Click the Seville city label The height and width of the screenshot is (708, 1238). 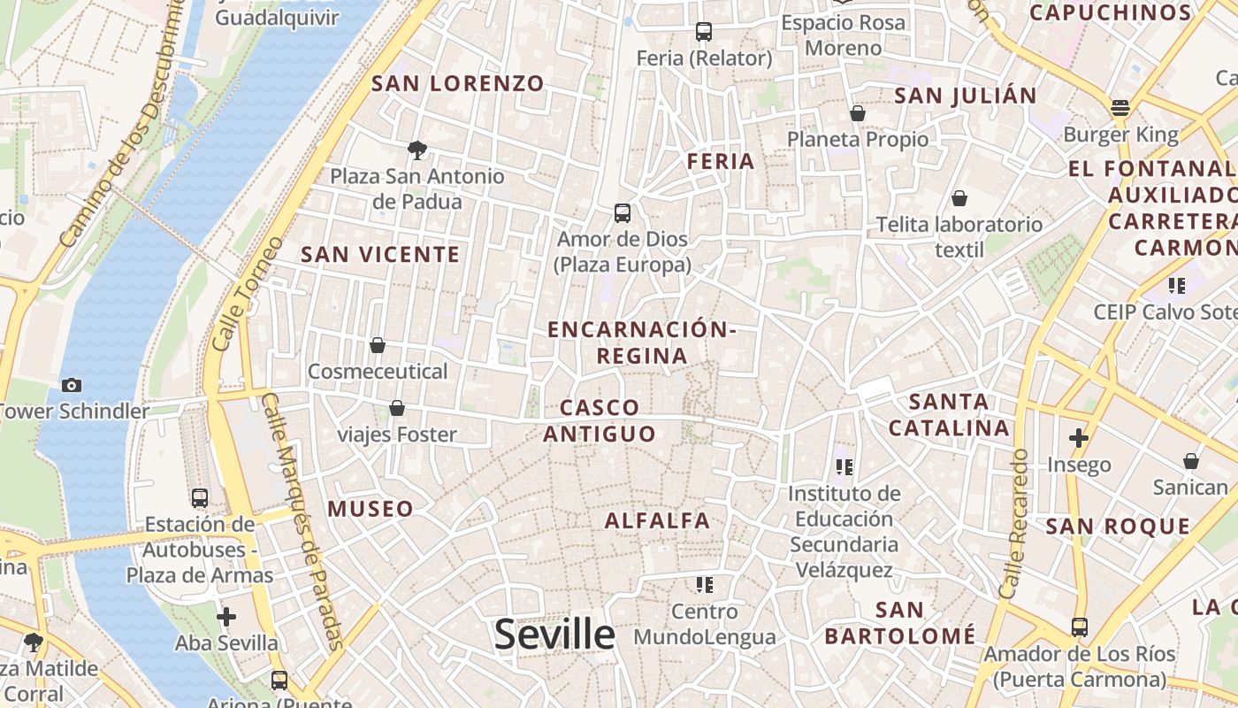click(x=554, y=635)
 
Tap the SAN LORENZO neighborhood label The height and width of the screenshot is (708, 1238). click(x=458, y=84)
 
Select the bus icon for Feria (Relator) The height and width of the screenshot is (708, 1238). click(x=704, y=32)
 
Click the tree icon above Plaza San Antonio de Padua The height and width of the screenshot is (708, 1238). click(x=417, y=150)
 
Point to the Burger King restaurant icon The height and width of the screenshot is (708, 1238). click(x=1120, y=109)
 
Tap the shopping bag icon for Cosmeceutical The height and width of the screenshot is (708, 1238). click(x=378, y=344)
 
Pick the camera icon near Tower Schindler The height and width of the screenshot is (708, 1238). click(x=72, y=385)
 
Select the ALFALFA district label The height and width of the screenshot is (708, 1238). click(x=657, y=520)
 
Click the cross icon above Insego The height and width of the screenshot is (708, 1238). click(x=1079, y=437)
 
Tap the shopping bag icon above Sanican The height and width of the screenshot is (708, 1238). click(x=1191, y=461)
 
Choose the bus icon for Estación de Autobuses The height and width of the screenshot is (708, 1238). click(x=200, y=497)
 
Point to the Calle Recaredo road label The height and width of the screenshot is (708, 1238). click(x=1014, y=522)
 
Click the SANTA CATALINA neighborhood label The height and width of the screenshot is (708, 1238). click(x=949, y=415)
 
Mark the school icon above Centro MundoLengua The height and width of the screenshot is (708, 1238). click(x=705, y=585)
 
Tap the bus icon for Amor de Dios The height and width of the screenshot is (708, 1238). click(x=623, y=213)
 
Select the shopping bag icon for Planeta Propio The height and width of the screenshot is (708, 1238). click(x=858, y=113)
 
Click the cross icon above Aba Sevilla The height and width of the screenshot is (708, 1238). click(x=226, y=616)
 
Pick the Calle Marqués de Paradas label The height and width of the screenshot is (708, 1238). click(x=302, y=522)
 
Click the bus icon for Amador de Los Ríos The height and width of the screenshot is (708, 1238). click(x=1080, y=627)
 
